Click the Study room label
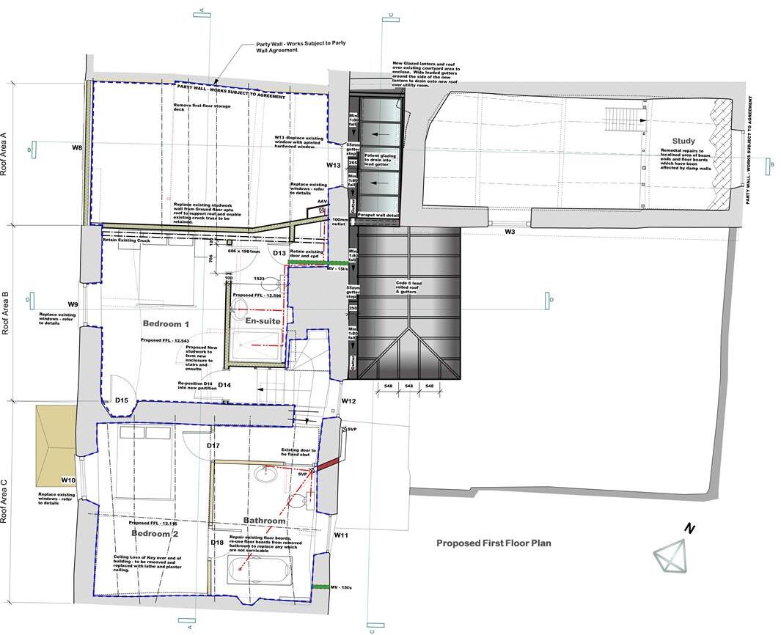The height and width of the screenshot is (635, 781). [x=683, y=141]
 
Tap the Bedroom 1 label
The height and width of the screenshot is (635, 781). [x=166, y=323]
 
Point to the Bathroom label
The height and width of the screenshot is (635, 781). [x=264, y=521]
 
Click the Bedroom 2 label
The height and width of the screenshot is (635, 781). [x=155, y=534]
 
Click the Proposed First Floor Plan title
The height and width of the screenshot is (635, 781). [x=494, y=543]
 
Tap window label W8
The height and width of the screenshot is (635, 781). [x=77, y=148]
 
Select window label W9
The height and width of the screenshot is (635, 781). [x=73, y=304]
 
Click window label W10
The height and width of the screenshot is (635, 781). [x=67, y=480]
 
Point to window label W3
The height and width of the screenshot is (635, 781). [x=510, y=232]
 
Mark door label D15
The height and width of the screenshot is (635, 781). [x=122, y=400]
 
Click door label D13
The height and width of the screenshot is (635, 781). [x=279, y=253]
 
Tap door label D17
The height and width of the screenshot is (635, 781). [x=213, y=446]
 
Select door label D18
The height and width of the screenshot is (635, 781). [x=217, y=543]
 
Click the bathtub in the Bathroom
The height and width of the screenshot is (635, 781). [x=260, y=570]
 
